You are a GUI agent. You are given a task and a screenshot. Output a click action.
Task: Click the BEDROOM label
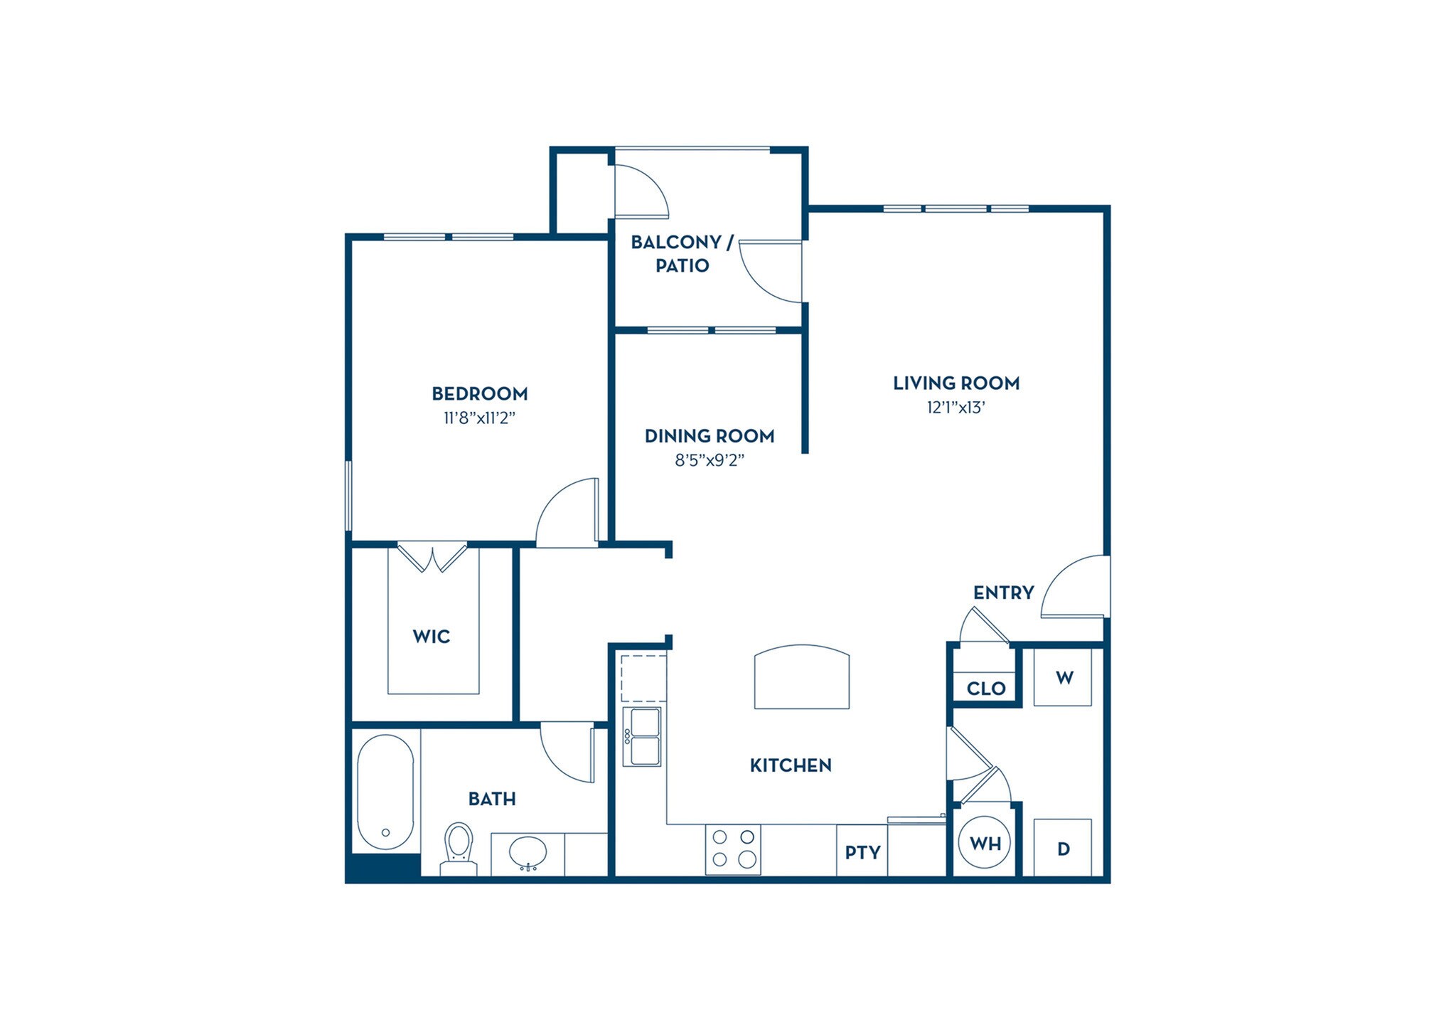pyautogui.click(x=480, y=393)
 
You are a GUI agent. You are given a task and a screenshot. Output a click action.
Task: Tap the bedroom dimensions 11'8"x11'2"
pyautogui.click(x=479, y=418)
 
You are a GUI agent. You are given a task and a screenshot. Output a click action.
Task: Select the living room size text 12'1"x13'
pyautogui.click(x=955, y=408)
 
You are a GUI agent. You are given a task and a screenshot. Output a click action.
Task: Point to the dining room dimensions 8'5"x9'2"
pyautogui.click(x=709, y=460)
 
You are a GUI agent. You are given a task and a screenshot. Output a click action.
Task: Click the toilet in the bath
pyautogui.click(x=458, y=846)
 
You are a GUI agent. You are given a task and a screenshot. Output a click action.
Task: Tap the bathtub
pyautogui.click(x=385, y=792)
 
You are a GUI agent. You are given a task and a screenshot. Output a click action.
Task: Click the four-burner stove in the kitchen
pyautogui.click(x=733, y=849)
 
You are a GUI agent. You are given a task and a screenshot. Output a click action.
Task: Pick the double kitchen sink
pyautogui.click(x=642, y=736)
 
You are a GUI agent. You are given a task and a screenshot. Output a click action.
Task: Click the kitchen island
pyautogui.click(x=801, y=677)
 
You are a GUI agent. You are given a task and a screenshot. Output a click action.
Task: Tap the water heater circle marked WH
pyautogui.click(x=985, y=844)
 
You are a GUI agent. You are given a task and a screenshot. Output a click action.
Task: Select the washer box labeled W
pyautogui.click(x=1063, y=677)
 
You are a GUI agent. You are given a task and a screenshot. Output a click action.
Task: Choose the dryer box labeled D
pyautogui.click(x=1063, y=848)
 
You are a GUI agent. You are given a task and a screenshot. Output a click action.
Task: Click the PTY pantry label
pyautogui.click(x=862, y=851)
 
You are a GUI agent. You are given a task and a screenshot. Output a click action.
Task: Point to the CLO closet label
pyautogui.click(x=986, y=688)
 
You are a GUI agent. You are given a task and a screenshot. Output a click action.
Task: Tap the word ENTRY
pyautogui.click(x=1003, y=593)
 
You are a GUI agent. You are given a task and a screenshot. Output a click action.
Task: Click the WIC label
pyautogui.click(x=432, y=636)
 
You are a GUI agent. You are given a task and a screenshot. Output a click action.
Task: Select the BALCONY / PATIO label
pyautogui.click(x=682, y=253)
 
